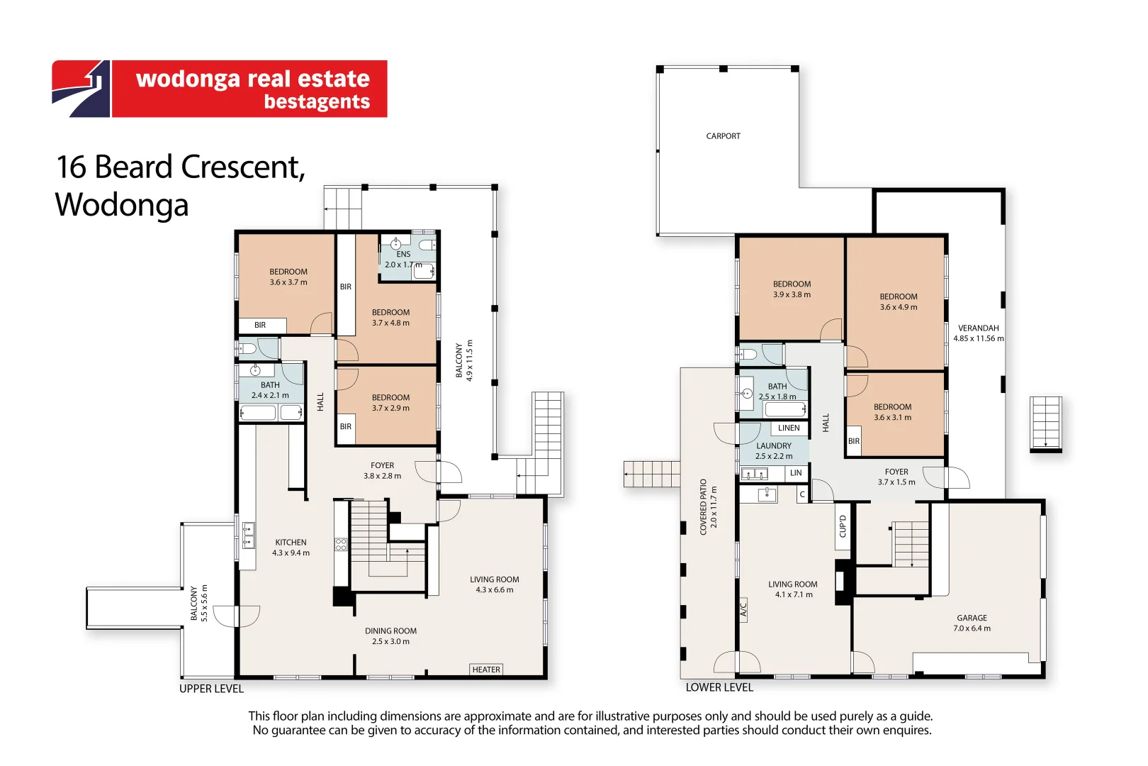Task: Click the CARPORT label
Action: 723,136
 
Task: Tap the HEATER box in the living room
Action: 486,670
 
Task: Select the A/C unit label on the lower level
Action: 743,610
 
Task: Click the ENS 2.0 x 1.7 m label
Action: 403,260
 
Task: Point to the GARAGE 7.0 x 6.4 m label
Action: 972,623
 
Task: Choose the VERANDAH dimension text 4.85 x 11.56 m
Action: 979,338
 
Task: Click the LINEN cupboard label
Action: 788,428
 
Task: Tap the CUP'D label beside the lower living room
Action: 843,526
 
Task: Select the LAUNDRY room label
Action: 773,446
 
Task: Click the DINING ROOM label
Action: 390,631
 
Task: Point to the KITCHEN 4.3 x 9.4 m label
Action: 291,548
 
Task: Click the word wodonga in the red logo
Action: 188,79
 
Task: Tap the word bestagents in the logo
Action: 317,101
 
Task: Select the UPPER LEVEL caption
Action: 211,689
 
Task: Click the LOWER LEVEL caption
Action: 719,687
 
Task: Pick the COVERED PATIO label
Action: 703,507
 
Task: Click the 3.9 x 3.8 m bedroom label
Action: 792,294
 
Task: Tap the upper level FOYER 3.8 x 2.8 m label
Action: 383,470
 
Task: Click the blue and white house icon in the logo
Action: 81,89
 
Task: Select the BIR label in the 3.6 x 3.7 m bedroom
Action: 260,325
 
